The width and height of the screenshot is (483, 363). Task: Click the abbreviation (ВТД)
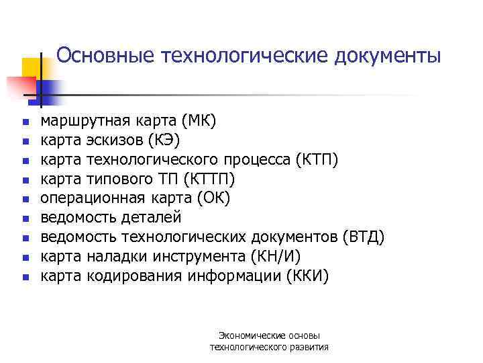tap(363, 237)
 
